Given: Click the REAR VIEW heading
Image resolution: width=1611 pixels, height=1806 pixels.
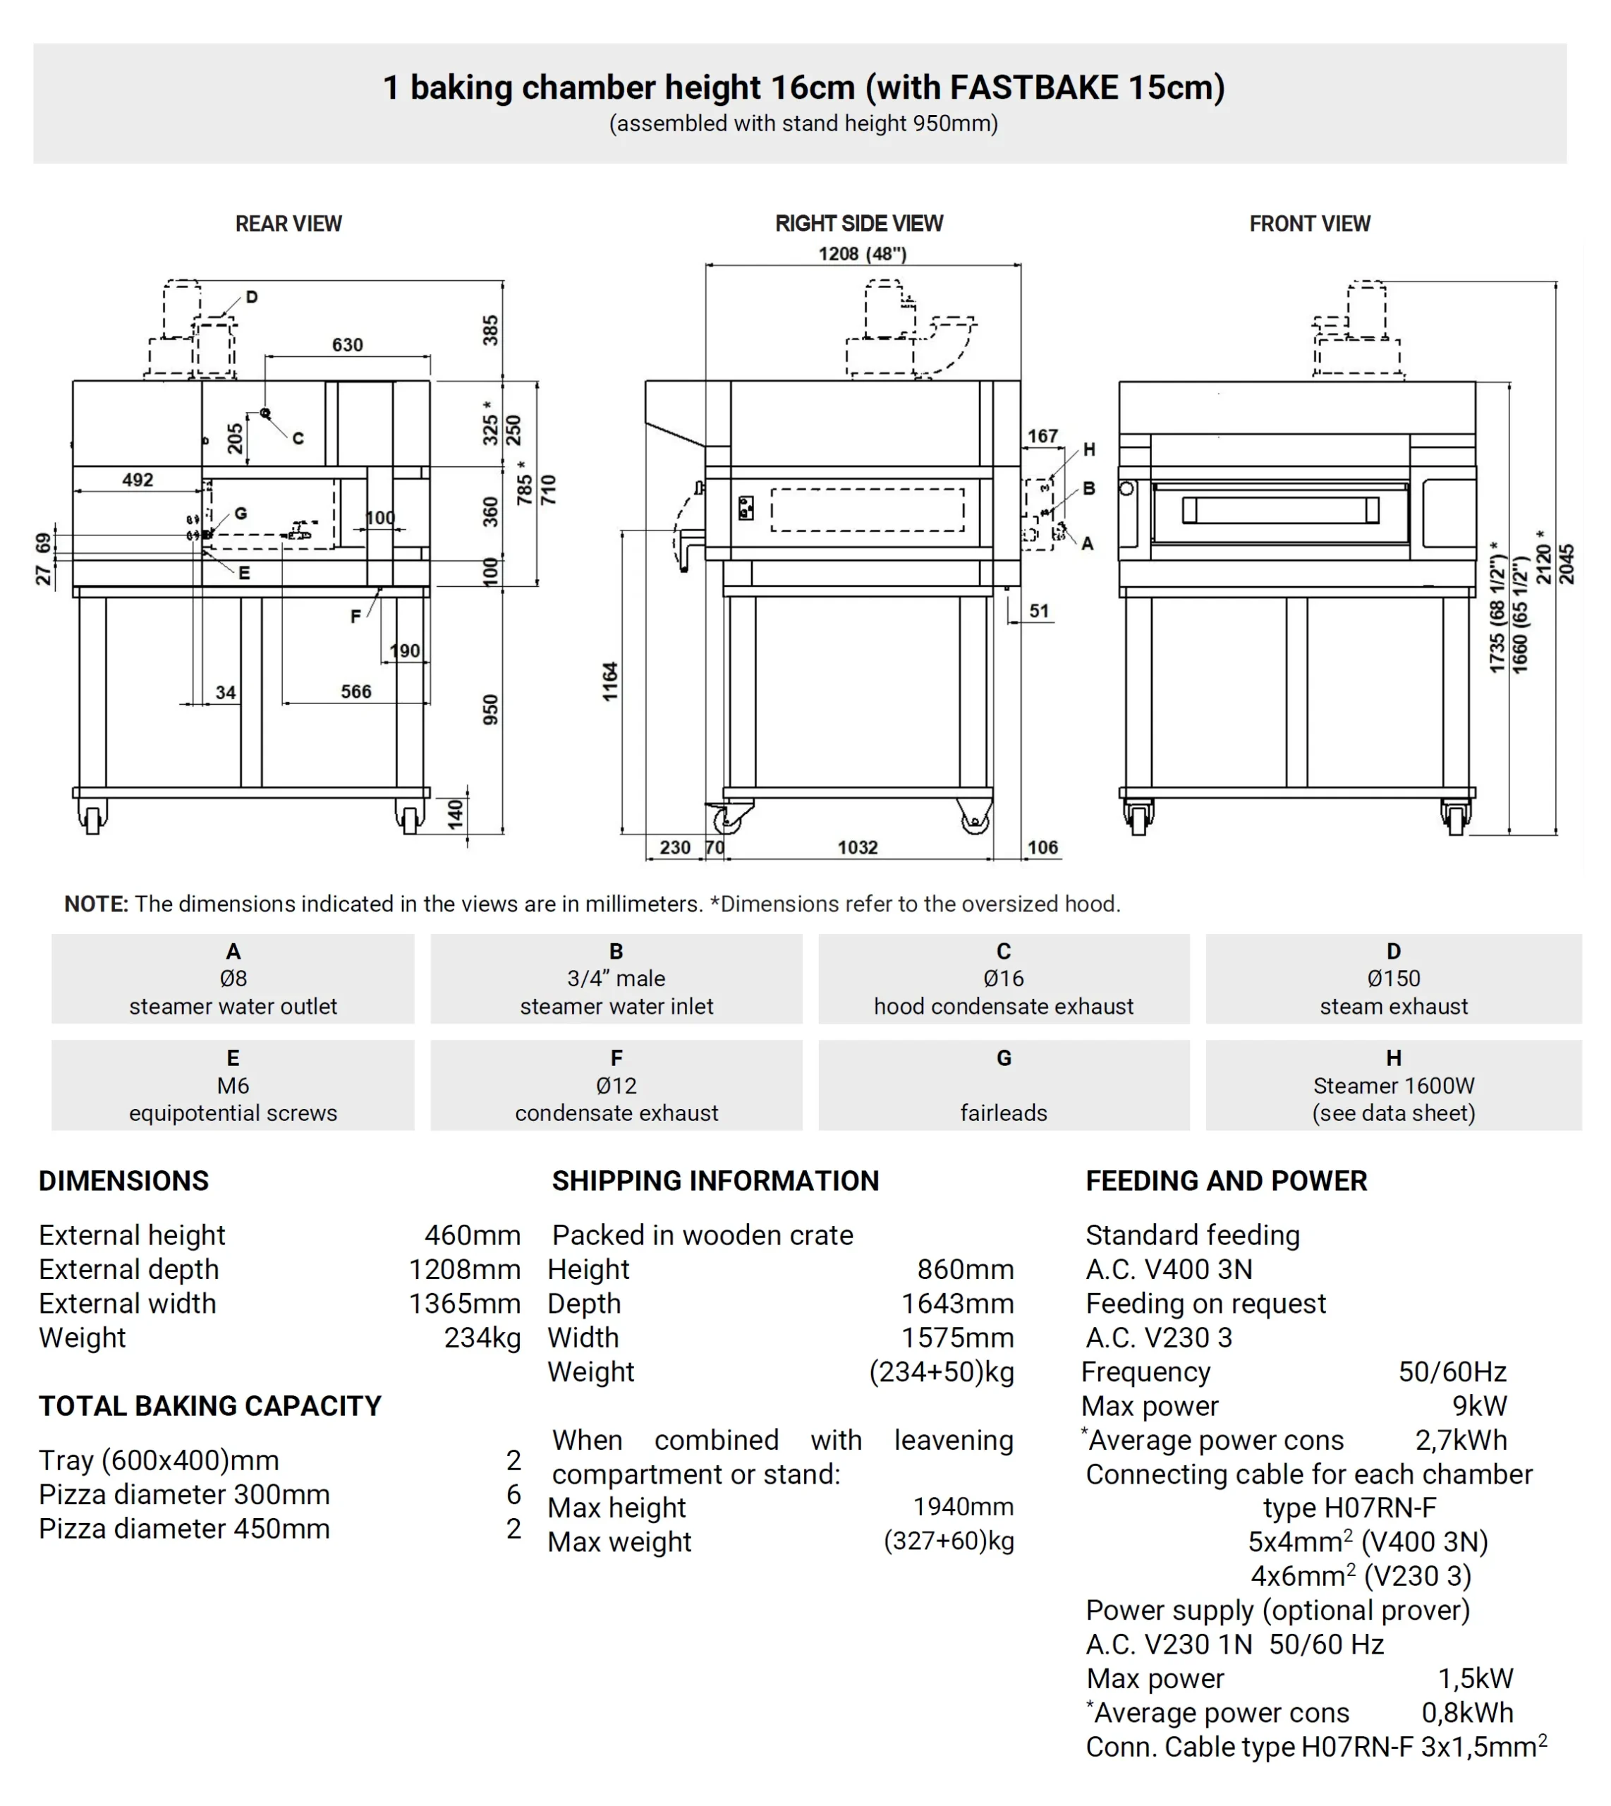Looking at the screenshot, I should coord(288,224).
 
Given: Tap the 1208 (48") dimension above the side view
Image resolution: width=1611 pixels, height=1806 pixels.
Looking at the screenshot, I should coord(862,254).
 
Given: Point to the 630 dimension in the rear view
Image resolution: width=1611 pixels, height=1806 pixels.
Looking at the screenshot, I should coord(347,344).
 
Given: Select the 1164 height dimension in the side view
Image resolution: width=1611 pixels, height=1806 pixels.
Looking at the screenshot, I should coord(610,681).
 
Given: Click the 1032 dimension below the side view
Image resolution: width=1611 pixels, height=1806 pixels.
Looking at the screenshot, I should coord(857,847).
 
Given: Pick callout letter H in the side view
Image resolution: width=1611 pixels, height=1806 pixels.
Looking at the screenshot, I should coord(1089,449).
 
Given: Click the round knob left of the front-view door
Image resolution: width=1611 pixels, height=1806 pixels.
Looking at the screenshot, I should coord(1127,489).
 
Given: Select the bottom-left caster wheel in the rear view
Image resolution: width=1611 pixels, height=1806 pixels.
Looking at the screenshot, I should coord(92,819).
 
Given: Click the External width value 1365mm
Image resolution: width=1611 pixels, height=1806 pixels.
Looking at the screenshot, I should coord(464,1303).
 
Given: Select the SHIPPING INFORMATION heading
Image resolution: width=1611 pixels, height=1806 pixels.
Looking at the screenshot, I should coord(715,1180).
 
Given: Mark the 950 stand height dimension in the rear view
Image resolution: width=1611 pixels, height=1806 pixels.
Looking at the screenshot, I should coord(490,710).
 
